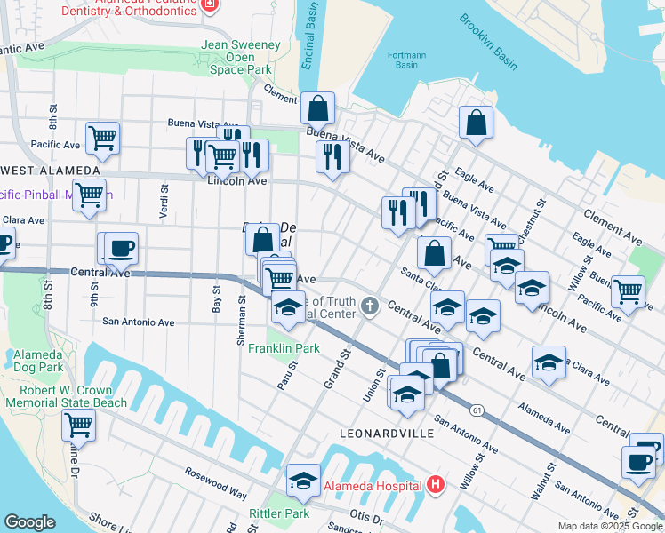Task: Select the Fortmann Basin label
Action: coord(407,60)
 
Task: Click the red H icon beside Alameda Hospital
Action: coord(436,485)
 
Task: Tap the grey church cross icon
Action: coord(371,307)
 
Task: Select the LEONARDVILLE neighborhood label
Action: coord(387,434)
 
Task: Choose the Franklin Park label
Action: coord(284,349)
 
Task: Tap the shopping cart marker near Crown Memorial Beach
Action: coord(78,424)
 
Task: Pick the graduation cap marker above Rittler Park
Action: coord(303,480)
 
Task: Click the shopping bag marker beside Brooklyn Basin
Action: coord(477,123)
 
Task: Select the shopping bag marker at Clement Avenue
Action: coord(317,108)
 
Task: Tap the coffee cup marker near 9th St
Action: coord(121,248)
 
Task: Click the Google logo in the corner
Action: coord(29,522)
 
